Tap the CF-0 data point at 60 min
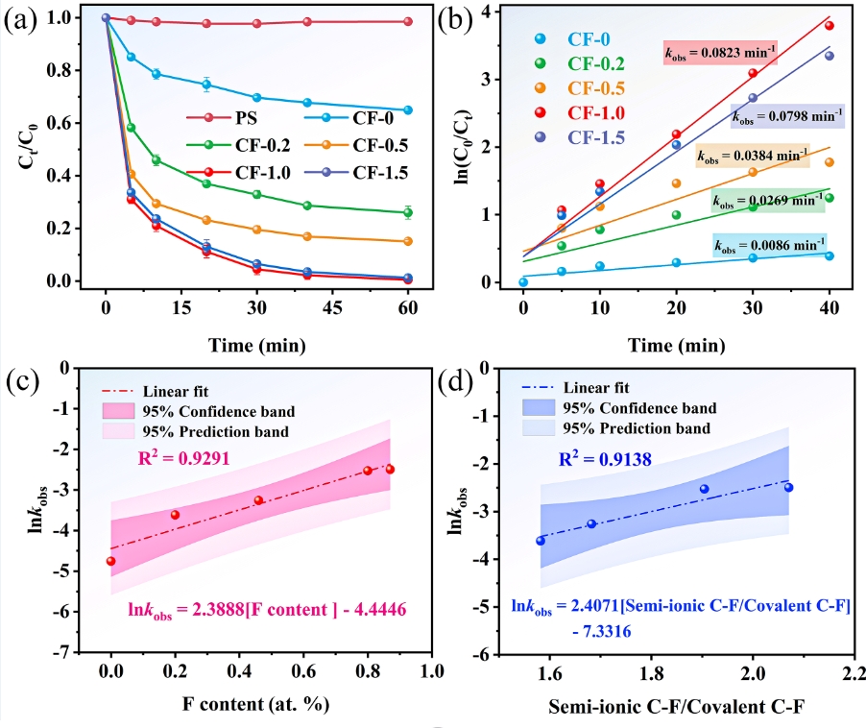pos(408,110)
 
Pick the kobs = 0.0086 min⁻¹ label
pos(769,246)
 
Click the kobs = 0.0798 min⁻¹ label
pos(787,117)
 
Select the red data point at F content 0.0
pos(111,561)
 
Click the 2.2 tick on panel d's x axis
pos(852,668)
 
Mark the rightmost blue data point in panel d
pos(788,487)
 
